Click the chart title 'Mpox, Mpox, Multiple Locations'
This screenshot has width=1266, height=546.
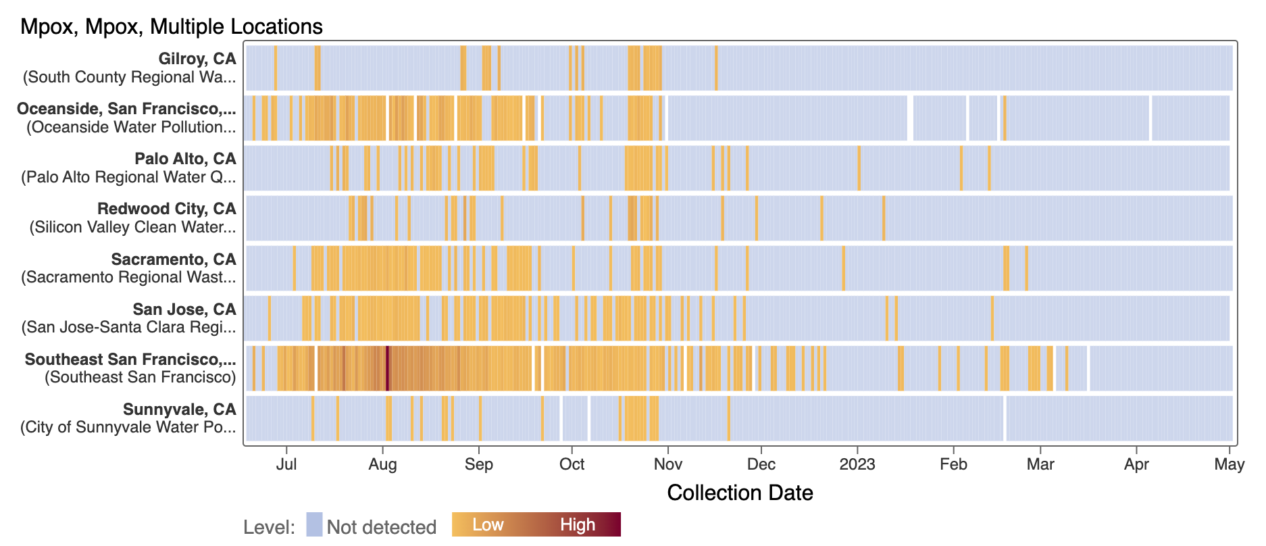(x=172, y=26)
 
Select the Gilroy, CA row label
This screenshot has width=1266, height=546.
(x=197, y=59)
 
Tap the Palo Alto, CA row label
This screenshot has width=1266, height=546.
(x=185, y=159)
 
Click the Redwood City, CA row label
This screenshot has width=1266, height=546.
(x=167, y=209)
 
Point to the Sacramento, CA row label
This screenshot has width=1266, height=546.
(x=174, y=259)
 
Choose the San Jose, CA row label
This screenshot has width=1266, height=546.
(x=184, y=309)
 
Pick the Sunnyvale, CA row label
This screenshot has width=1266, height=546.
(x=180, y=409)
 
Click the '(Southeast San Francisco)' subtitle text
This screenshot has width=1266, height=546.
(x=141, y=377)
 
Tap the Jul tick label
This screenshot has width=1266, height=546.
(x=286, y=464)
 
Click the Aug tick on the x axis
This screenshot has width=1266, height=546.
(x=382, y=464)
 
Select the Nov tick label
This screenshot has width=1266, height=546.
(x=668, y=464)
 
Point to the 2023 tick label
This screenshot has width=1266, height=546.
(x=857, y=464)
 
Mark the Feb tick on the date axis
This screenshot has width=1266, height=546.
(x=953, y=464)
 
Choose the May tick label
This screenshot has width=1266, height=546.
(x=1229, y=464)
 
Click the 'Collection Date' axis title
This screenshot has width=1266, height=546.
(x=740, y=493)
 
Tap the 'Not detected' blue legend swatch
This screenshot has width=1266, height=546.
(x=314, y=525)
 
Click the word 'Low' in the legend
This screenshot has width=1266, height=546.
(x=488, y=525)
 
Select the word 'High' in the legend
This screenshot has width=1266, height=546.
(x=578, y=525)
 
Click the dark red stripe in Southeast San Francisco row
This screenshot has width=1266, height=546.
(x=387, y=368)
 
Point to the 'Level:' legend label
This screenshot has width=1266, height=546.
(x=270, y=527)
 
